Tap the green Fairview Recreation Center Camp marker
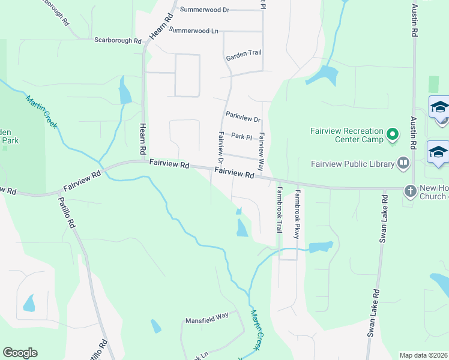coord(393,134)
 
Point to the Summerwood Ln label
coord(193,29)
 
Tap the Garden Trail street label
coord(244,53)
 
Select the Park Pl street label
coord(241,137)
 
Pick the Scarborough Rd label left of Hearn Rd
coord(118,41)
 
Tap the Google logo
coord(20,353)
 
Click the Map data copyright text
coord(424,355)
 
